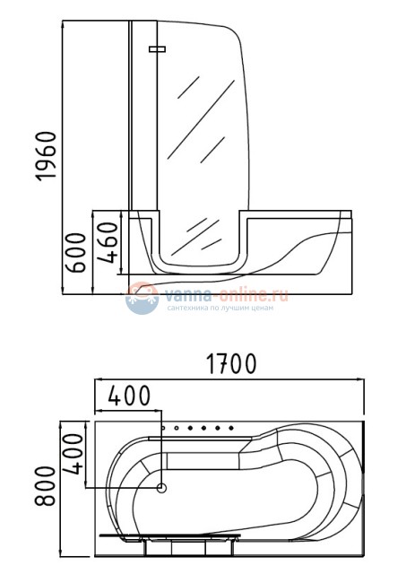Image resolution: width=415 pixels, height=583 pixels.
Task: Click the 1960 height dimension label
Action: coord(46,156)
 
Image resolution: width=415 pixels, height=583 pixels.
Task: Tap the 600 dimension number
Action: coord(75,252)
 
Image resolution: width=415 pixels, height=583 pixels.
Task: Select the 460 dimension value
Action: coord(108,242)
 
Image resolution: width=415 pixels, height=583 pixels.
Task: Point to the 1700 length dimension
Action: coord(231,363)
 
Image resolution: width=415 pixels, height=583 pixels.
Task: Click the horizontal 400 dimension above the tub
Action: coord(129,396)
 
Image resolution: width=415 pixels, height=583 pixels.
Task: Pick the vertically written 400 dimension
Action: coord(73,454)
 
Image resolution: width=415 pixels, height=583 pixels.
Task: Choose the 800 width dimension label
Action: coord(45,485)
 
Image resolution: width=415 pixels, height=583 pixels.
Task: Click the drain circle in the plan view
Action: coord(161,488)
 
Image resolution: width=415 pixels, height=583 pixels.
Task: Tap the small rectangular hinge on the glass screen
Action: coord(157,49)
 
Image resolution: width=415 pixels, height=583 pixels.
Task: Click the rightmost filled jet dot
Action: coord(231,429)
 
